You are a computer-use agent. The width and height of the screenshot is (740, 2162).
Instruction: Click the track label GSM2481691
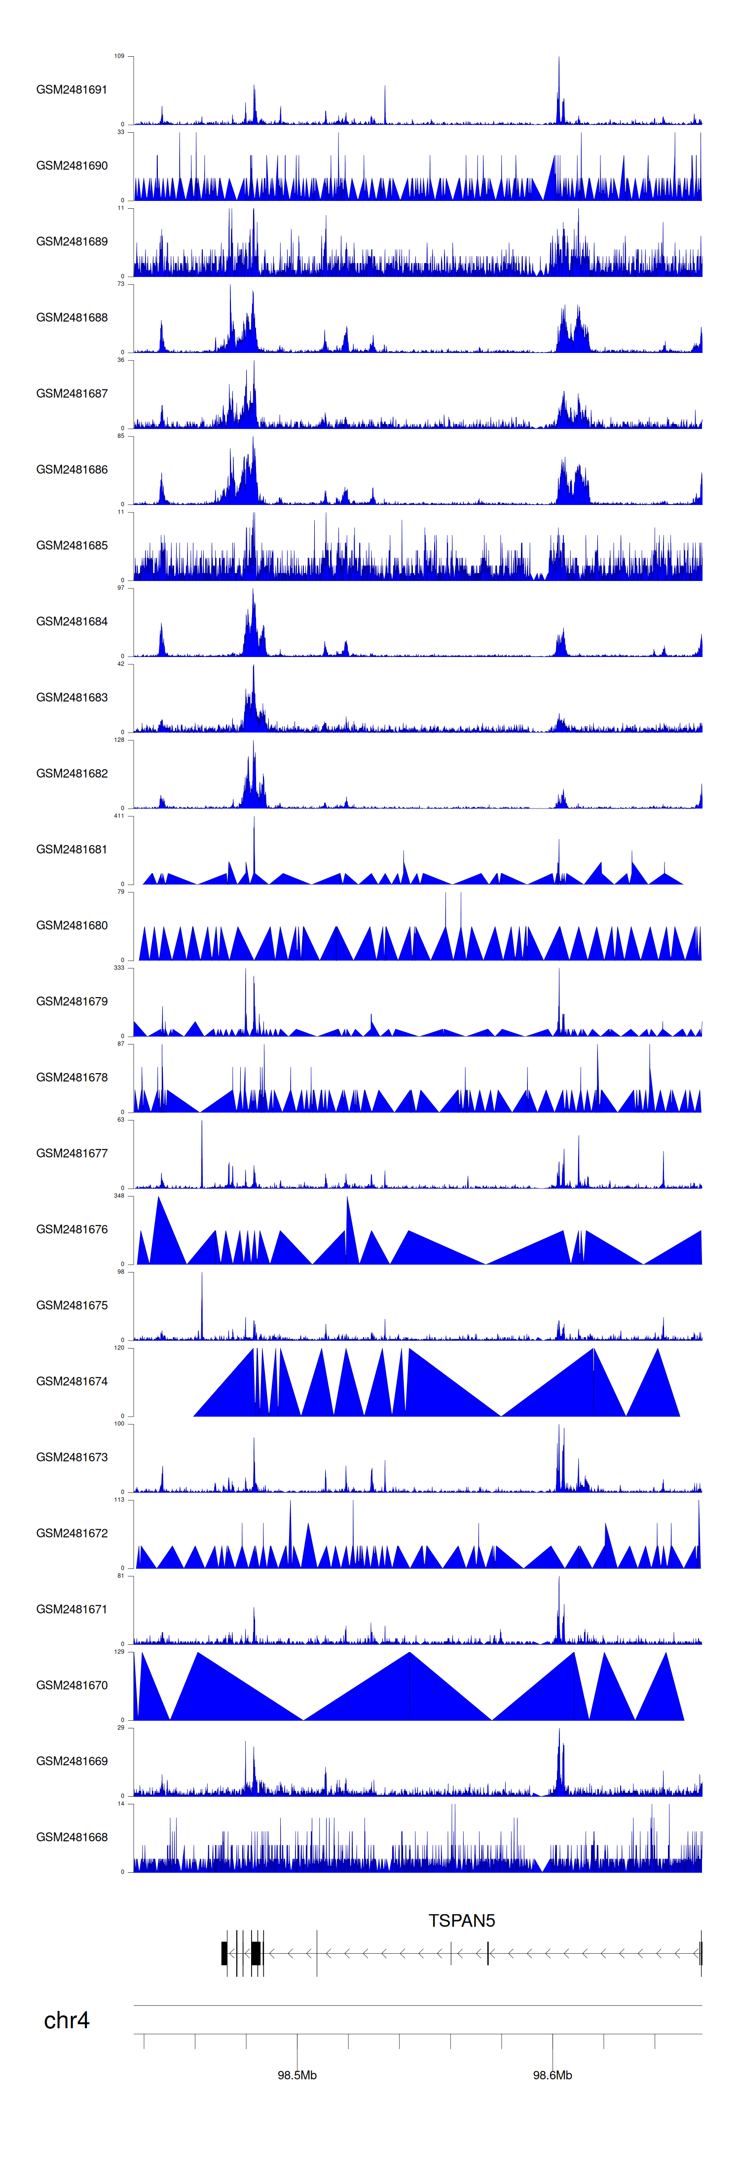point(72,90)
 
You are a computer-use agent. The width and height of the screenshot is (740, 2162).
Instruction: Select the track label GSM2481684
point(72,621)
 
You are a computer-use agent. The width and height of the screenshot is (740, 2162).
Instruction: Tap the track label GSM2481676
point(72,1229)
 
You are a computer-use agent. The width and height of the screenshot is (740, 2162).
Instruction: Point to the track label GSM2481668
point(72,1836)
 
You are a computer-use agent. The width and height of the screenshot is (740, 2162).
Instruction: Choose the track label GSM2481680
point(72,925)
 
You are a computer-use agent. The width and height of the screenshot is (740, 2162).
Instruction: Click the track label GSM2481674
point(72,1381)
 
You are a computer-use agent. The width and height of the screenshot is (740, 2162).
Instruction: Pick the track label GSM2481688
point(72,317)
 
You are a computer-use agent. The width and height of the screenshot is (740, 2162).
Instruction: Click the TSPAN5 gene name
point(461,1920)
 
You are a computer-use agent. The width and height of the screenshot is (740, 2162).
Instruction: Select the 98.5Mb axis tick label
point(297,2075)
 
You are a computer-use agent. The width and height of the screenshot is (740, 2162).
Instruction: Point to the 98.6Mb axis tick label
point(552,2075)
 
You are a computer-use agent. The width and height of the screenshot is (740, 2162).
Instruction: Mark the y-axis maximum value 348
point(118,1195)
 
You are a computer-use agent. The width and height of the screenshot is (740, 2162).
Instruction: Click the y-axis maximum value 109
point(118,56)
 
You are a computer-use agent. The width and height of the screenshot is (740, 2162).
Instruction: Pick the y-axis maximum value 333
point(118,967)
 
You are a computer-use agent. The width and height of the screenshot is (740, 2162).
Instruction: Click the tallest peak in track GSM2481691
point(559,59)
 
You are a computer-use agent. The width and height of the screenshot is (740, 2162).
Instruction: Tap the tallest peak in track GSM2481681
point(254,818)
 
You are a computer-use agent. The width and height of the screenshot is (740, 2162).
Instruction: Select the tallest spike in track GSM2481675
point(201,1274)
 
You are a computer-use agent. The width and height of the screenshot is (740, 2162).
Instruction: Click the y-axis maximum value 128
point(118,739)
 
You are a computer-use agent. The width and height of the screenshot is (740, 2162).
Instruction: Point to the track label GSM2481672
point(72,1533)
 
